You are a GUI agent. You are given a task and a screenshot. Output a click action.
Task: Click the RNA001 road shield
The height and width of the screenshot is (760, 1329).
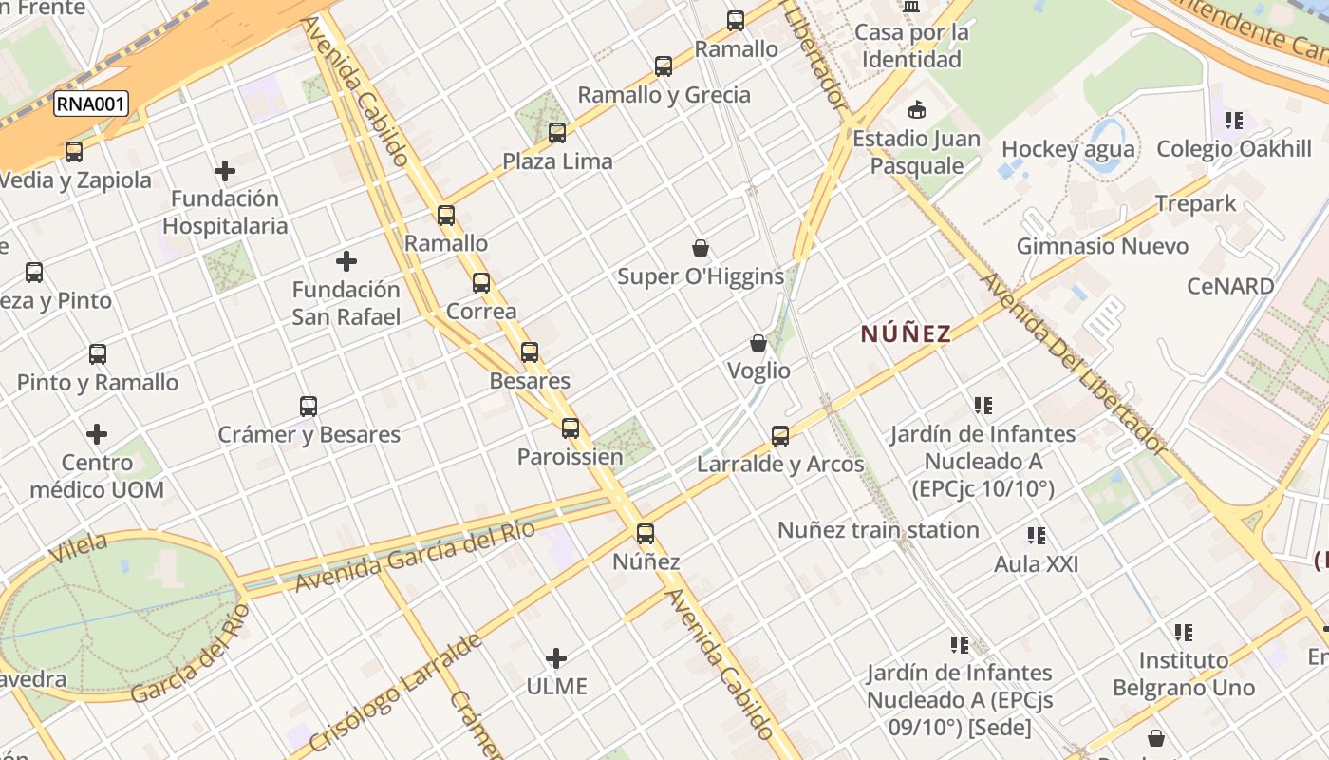point(90,104)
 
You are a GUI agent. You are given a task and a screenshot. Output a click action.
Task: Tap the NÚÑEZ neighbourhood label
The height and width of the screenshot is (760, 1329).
point(906,333)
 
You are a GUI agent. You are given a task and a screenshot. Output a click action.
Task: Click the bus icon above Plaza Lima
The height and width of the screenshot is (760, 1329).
point(557,133)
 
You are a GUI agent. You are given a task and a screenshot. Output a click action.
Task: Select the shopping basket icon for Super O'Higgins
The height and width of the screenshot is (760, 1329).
point(701,249)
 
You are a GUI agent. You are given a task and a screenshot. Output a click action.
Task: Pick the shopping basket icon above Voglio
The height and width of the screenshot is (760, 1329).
point(758,343)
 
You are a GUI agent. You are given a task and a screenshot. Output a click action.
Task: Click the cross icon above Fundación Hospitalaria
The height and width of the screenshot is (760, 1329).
point(225,171)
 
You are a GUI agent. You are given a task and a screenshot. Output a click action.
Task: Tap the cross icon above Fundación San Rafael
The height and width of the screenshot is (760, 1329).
point(346,261)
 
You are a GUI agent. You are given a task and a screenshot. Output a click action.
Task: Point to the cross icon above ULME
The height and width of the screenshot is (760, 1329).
point(556,657)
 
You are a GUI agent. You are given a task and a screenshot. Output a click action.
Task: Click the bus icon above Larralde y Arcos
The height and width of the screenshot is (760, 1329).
point(780,436)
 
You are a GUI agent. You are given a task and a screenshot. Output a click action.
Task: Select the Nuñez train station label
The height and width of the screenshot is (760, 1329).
point(878,530)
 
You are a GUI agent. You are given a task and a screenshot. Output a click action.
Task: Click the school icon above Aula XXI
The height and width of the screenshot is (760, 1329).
point(1037,536)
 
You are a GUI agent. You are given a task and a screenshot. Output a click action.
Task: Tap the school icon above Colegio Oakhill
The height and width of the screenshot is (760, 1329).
point(1234,121)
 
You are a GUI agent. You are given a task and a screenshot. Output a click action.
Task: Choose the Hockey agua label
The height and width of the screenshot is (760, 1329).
point(1068,149)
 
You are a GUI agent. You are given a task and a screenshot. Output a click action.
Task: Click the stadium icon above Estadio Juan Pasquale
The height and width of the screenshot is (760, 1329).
point(917,109)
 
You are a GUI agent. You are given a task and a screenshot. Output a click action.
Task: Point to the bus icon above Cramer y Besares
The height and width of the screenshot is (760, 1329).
point(309,407)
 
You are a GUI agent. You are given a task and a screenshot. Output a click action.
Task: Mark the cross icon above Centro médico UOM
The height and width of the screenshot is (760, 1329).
point(97,434)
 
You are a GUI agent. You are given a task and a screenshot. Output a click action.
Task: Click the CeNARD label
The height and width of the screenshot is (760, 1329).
point(1230,286)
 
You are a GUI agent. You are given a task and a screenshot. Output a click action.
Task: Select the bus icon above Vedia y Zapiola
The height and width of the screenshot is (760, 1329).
point(73,151)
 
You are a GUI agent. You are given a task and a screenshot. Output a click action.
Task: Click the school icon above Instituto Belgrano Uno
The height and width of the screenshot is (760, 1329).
point(1183,632)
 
